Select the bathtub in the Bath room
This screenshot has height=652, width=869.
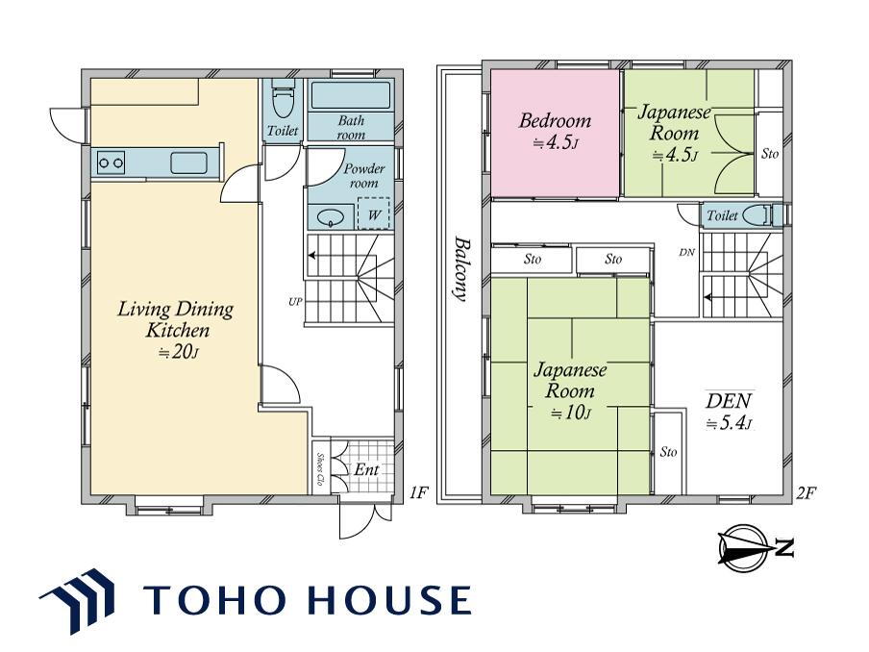[x=350, y=95]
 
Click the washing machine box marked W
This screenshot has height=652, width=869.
[x=374, y=213]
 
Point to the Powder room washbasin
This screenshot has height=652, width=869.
[x=331, y=218]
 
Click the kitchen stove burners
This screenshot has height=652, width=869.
[x=111, y=163]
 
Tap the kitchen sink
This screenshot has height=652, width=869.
[x=188, y=163]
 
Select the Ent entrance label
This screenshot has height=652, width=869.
[x=366, y=469]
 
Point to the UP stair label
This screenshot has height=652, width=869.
[x=295, y=302]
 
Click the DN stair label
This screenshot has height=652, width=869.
[x=686, y=253]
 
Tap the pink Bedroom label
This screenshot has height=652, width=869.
[x=555, y=121]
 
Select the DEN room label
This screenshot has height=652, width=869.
[x=729, y=400]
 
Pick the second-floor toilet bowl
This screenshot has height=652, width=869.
[x=756, y=214]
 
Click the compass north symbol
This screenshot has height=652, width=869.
[x=756, y=548]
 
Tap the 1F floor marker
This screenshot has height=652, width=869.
[x=418, y=492]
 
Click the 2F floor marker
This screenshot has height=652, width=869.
[x=807, y=492]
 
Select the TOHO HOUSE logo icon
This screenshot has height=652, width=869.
[x=77, y=600]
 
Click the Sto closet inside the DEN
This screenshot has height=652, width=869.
[x=668, y=452]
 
